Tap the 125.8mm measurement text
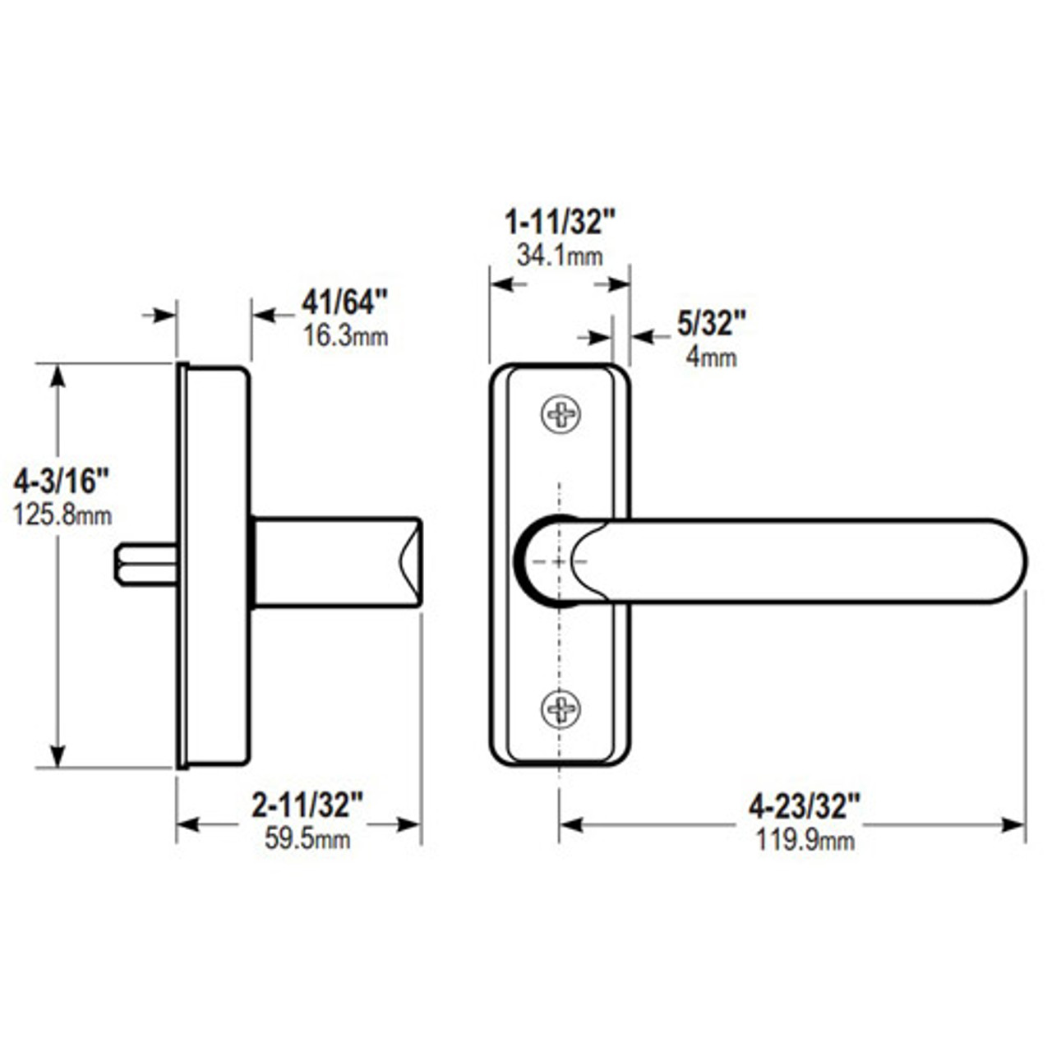(x=62, y=515)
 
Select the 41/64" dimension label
(x=344, y=302)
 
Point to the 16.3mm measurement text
(x=345, y=336)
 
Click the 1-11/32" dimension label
(x=559, y=223)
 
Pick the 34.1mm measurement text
(x=559, y=256)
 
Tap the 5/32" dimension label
(x=711, y=324)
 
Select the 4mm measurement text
(x=711, y=358)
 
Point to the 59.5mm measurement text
(x=307, y=839)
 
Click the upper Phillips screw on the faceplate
(x=561, y=413)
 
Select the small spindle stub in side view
(x=144, y=565)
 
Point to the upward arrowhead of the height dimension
(x=58, y=376)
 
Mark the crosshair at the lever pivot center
(x=559, y=561)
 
